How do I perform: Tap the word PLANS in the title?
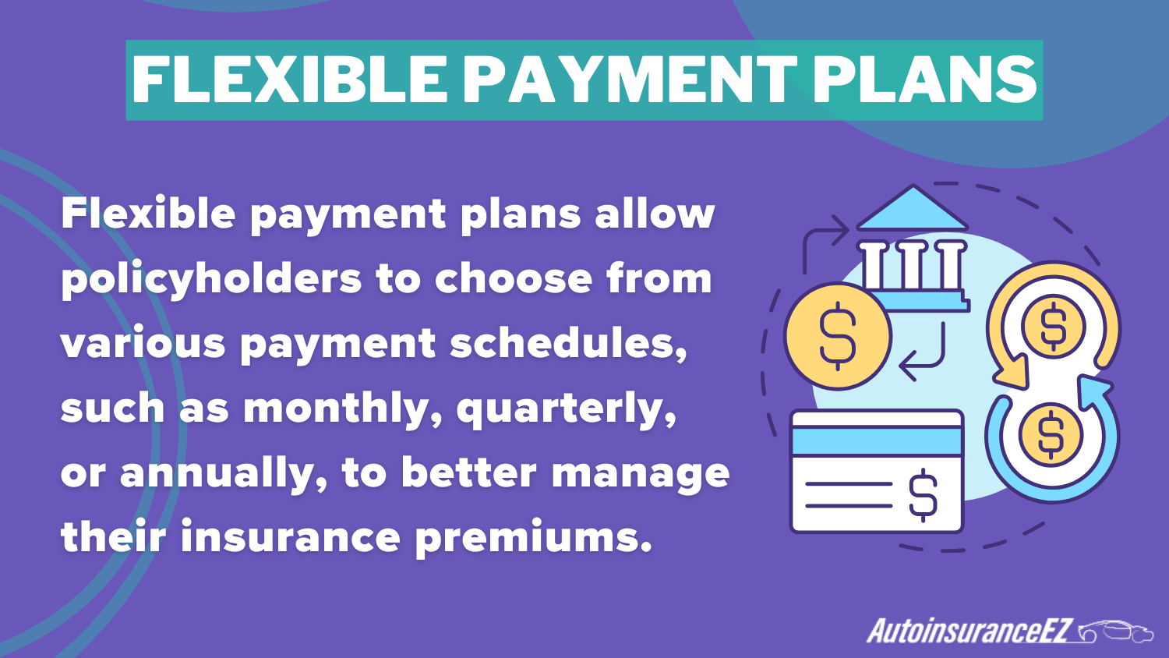[x=925, y=80]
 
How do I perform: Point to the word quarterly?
[x=566, y=409]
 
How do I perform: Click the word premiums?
[x=533, y=539]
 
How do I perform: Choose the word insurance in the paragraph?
[x=291, y=538]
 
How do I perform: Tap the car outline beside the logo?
[x=1116, y=631]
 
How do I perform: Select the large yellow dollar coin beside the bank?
[x=838, y=336]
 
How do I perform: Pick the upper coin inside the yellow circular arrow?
[x=1053, y=326]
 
